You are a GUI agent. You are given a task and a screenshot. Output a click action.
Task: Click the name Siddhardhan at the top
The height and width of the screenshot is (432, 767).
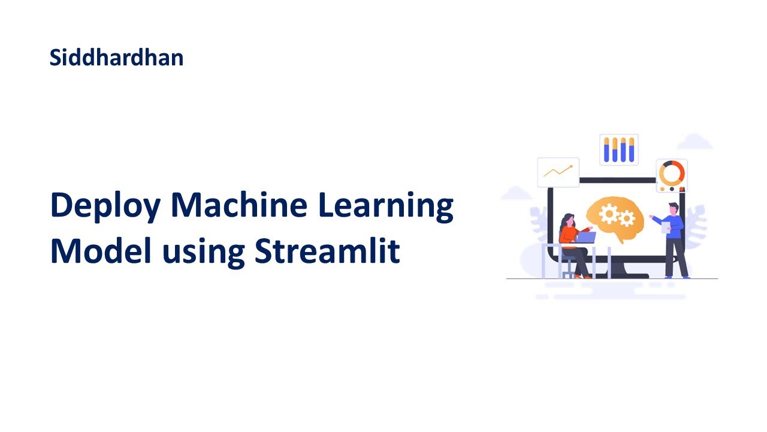click(116, 58)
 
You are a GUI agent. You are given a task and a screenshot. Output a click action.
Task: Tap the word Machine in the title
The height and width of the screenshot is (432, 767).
click(239, 205)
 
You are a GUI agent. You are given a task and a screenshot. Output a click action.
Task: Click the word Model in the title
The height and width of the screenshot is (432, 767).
click(100, 251)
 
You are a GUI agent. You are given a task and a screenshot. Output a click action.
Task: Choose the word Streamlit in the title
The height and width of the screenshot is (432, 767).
click(327, 251)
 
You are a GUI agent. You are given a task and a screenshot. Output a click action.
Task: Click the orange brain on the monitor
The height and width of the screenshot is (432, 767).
click(615, 220)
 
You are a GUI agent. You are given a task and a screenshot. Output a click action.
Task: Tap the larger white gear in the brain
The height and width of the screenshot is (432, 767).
click(609, 213)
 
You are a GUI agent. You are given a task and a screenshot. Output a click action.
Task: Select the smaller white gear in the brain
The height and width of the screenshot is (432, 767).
click(627, 219)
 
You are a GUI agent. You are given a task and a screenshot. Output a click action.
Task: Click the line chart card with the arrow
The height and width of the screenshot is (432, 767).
click(558, 172)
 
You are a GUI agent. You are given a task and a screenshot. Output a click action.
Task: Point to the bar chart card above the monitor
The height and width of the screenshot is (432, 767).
click(619, 149)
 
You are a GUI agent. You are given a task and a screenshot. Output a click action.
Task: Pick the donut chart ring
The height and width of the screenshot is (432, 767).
click(671, 173)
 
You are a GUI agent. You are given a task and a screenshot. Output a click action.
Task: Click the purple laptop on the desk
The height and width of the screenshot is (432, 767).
click(585, 237)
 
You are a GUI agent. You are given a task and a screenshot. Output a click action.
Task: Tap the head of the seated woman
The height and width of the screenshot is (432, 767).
click(567, 220)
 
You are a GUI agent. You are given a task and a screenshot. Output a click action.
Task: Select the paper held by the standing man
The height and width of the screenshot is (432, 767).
click(665, 227)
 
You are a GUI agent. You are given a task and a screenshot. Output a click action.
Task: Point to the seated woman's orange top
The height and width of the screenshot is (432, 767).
click(567, 235)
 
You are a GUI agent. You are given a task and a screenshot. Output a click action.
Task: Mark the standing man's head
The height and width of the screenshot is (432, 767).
click(673, 208)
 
